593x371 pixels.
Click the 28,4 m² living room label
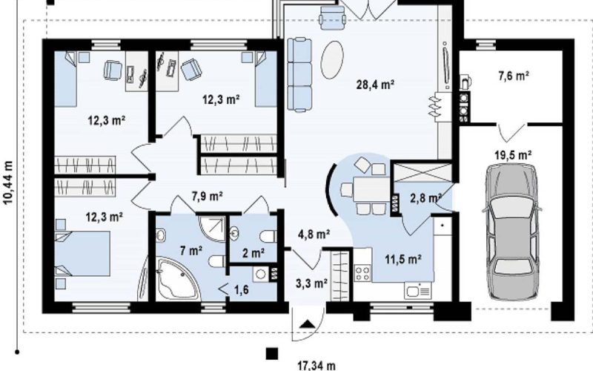point(375,84)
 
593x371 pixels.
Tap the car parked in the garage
point(511,232)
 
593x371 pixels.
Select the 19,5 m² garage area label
point(513,155)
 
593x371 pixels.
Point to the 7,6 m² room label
point(513,76)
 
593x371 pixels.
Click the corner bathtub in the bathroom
point(176,278)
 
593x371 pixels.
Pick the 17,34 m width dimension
point(317,366)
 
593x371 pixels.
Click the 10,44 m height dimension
point(8,183)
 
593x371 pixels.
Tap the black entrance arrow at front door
point(308,324)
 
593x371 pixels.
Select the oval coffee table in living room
point(332,60)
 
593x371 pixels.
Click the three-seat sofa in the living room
point(299,74)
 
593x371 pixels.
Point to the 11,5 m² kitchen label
point(403,259)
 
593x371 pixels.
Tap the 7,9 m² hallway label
point(207,196)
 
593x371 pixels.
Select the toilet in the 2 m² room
point(269,237)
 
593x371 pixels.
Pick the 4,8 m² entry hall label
point(314,234)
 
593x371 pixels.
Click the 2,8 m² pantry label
point(426,198)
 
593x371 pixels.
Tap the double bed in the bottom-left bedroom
point(82,254)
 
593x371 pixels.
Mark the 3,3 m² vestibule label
point(311,283)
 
